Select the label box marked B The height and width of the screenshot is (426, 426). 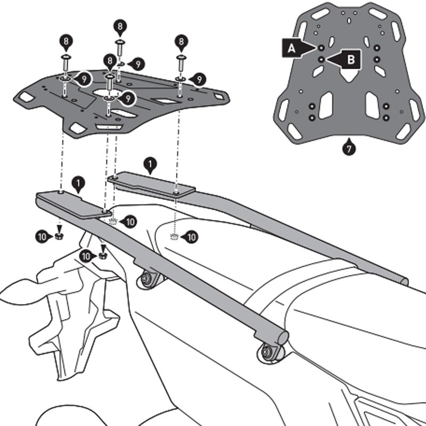(350, 60)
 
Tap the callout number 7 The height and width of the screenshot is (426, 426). (348, 149)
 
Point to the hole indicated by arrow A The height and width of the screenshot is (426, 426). (322, 48)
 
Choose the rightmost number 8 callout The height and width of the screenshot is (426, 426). (182, 42)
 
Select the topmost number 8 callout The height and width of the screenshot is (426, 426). (120, 26)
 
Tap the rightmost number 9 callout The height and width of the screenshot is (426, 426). (199, 79)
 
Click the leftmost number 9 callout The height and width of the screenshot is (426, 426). (83, 79)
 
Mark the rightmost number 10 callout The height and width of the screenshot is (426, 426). (191, 236)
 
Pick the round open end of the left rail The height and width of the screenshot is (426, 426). (283, 337)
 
